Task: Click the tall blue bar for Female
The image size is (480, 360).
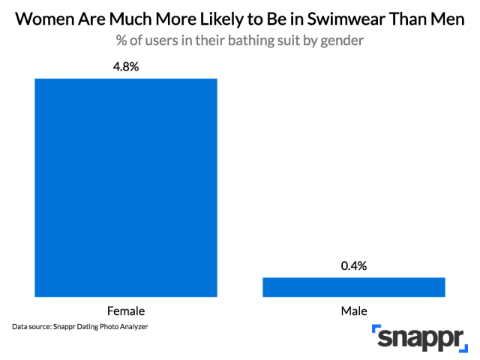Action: [x=126, y=187]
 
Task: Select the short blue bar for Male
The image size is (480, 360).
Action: [x=354, y=287]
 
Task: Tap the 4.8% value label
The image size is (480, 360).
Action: [x=126, y=67]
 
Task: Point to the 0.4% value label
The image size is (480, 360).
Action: [x=354, y=265]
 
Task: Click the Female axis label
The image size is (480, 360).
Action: [x=126, y=310]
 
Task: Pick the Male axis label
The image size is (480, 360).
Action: [x=354, y=310]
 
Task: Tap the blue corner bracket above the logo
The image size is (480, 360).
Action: [x=377, y=330]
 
